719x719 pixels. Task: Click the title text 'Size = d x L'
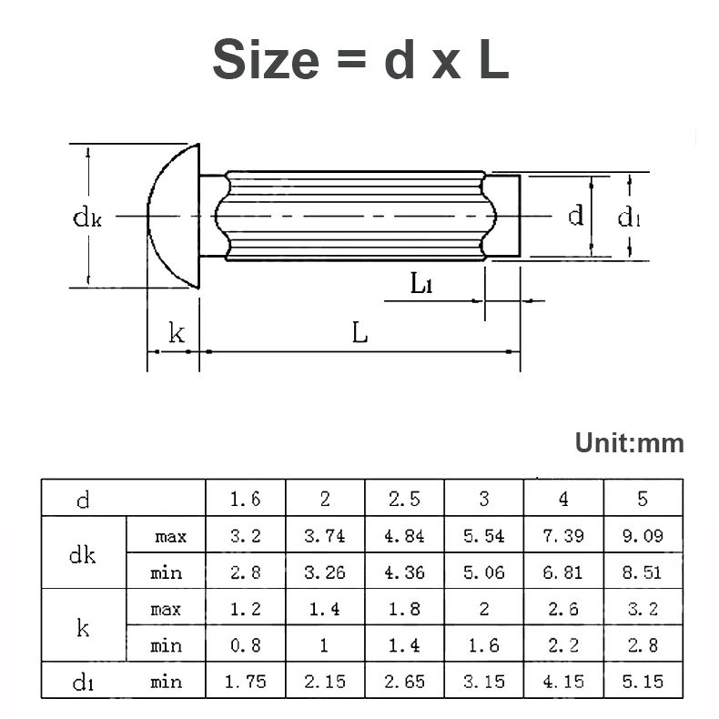(359, 59)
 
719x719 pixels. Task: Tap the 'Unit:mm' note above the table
(629, 444)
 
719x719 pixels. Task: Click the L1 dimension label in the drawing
(420, 284)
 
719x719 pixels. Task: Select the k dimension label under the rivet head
(176, 334)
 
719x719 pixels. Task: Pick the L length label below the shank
(360, 334)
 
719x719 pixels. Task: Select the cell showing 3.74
(325, 536)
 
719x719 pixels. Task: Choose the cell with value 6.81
(563, 572)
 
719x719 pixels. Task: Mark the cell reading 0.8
(246, 645)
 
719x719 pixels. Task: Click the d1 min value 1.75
(246, 682)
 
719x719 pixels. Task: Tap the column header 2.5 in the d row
(404, 499)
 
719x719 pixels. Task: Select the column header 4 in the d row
(563, 499)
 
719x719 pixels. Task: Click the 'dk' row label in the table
(83, 554)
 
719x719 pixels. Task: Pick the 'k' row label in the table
(83, 627)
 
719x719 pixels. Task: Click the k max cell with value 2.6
(563, 609)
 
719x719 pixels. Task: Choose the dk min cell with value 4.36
(404, 572)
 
